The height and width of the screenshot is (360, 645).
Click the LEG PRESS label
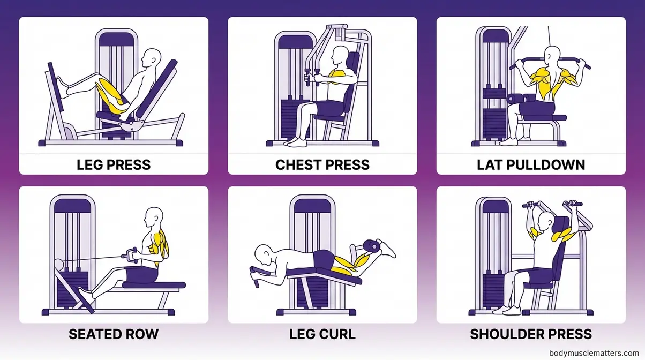114,164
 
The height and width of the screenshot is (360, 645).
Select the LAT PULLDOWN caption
531,164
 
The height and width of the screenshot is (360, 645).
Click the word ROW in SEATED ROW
141,334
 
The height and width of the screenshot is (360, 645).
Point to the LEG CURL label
322,334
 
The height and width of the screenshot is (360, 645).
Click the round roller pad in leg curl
371,246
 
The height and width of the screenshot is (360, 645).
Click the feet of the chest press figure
296,142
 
